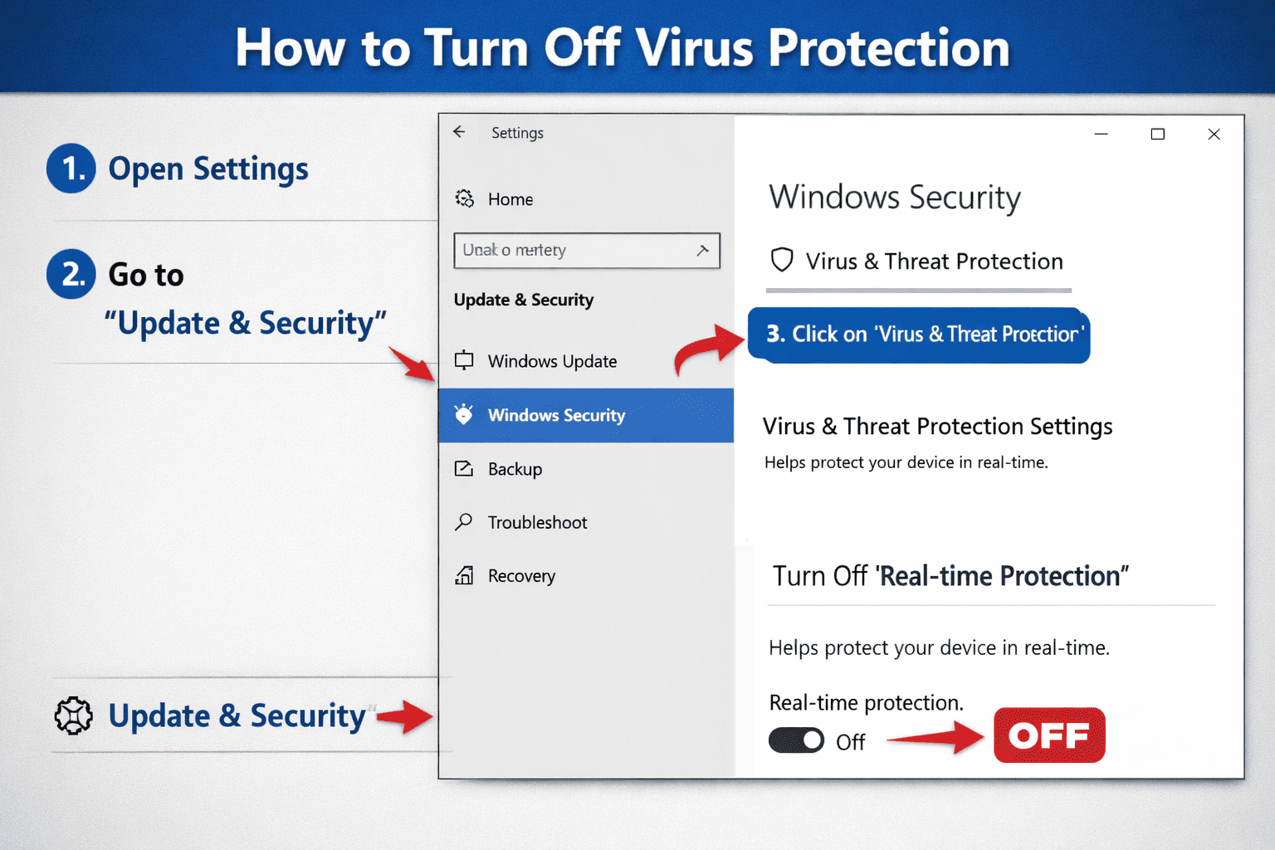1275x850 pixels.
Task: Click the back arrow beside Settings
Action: [459, 132]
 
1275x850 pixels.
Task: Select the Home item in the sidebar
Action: [510, 199]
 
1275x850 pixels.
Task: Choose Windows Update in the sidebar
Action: [552, 361]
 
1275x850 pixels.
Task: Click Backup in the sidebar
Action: [515, 469]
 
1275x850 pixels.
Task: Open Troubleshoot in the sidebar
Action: [537, 522]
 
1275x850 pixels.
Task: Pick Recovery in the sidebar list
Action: [521, 576]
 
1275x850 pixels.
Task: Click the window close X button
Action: [1214, 134]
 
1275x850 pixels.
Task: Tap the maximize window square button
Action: [1157, 134]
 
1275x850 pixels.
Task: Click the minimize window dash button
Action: [1102, 134]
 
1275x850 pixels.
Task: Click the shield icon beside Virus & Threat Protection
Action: [782, 261]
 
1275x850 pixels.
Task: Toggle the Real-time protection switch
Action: [796, 740]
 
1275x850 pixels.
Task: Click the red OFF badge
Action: [1049, 735]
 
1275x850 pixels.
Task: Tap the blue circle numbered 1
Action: [71, 169]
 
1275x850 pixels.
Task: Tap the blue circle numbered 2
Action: [71, 274]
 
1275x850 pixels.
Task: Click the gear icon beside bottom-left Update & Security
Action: [74, 716]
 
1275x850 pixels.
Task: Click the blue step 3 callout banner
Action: [919, 335]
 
